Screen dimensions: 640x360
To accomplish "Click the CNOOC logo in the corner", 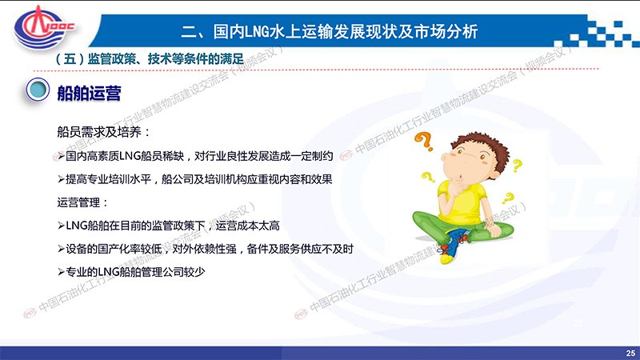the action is (x=43, y=28).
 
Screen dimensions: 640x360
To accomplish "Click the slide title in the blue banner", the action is (x=330, y=32).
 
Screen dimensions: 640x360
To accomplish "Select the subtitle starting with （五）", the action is (x=150, y=58).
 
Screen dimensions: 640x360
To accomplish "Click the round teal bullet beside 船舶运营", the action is (x=38, y=90).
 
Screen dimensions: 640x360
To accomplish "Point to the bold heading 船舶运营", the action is (x=89, y=93).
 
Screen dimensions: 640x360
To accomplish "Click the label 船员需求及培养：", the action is (x=104, y=132).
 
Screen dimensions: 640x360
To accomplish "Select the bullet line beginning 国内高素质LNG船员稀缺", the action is (x=195, y=156).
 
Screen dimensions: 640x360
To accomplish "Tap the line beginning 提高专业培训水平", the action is (x=194, y=179).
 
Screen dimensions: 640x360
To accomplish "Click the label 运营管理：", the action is (x=83, y=202).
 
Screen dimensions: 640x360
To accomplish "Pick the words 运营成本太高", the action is (x=248, y=226).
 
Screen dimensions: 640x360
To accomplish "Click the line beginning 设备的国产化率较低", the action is (x=206, y=249).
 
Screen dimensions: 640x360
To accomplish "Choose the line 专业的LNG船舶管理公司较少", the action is (x=131, y=272).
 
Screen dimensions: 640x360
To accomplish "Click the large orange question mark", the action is (x=424, y=142).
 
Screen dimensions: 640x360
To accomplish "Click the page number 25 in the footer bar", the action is (x=630, y=353).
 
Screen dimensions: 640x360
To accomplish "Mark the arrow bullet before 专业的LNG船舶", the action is (x=61, y=272).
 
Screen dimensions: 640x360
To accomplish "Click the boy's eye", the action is (x=482, y=156).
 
